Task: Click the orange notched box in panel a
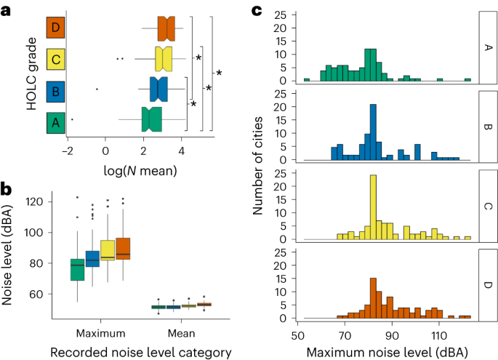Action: (x=167, y=28)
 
